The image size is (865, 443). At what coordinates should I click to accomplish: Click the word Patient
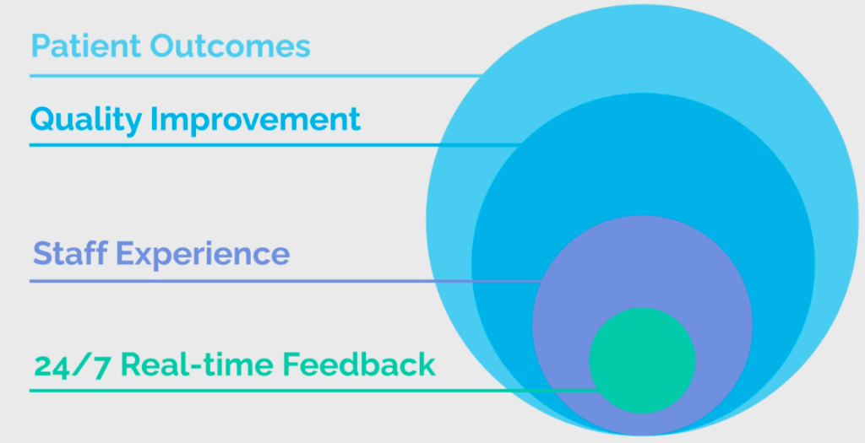[86, 46]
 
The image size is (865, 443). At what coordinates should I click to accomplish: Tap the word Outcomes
[230, 46]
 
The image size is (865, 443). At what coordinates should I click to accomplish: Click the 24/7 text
[72, 366]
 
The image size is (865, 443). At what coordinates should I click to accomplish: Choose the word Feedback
[358, 364]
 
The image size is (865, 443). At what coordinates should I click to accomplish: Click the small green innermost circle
[642, 359]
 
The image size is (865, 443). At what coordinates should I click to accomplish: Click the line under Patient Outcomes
[256, 75]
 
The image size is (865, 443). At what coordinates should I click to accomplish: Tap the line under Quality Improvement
[275, 145]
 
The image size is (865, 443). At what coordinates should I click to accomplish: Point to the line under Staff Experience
[286, 281]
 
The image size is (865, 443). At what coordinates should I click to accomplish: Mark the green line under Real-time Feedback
[313, 391]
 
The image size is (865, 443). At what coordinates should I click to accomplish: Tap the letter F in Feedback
[291, 364]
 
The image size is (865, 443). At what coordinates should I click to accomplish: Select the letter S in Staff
[42, 253]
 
